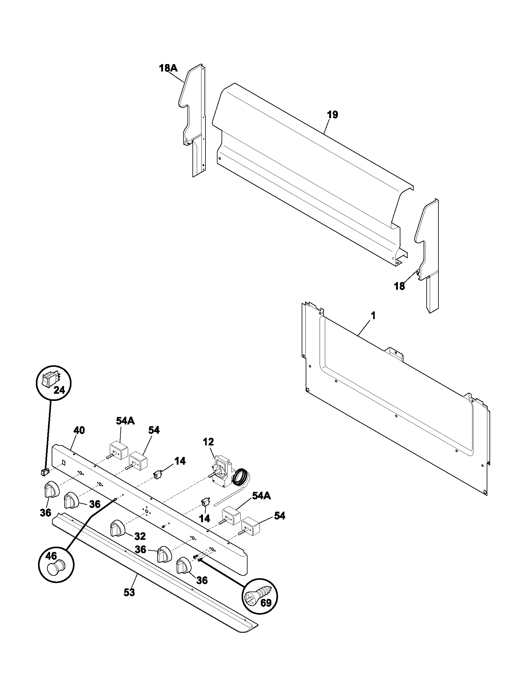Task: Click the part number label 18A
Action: pos(168,68)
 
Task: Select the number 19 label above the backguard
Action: pos(333,115)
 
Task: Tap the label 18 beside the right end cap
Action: pos(399,286)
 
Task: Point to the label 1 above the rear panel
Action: pos(373,316)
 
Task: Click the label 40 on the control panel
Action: pos(79,430)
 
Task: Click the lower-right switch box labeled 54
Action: pos(251,526)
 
